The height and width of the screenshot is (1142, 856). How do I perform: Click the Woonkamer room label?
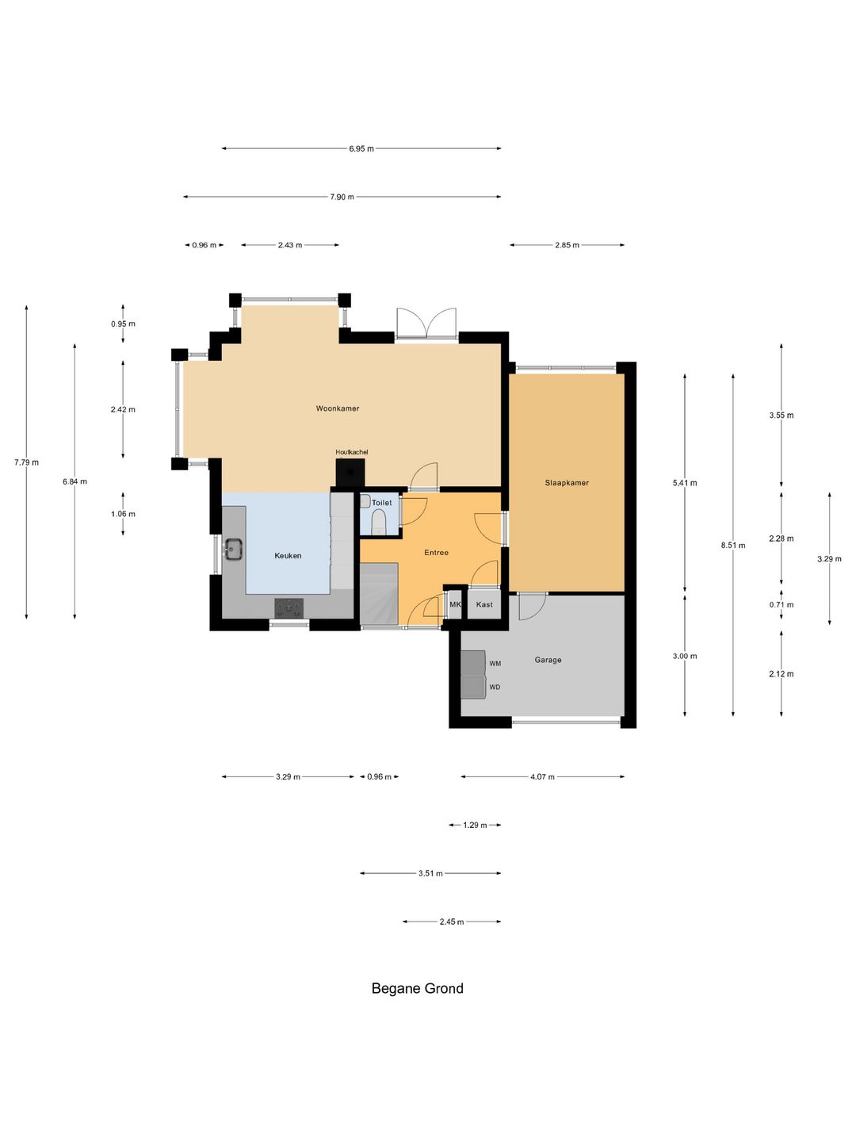tap(338, 408)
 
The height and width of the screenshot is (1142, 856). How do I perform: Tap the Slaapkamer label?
tap(567, 483)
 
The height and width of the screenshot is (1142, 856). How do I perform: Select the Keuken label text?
tap(288, 556)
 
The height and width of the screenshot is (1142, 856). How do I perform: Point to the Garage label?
tap(548, 660)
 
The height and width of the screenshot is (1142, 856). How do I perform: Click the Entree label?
tap(436, 553)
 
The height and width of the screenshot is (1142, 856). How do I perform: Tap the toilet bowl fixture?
tap(379, 522)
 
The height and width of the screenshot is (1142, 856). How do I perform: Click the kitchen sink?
tap(233, 550)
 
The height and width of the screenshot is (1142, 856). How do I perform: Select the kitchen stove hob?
tap(289, 608)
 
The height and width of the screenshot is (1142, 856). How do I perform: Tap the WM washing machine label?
tap(495, 664)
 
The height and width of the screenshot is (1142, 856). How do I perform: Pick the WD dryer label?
tap(495, 688)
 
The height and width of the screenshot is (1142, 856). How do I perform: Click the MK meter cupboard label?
tap(455, 604)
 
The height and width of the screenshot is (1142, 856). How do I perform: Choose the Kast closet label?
tap(484, 604)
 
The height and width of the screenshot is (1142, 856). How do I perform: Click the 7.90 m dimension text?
tap(342, 197)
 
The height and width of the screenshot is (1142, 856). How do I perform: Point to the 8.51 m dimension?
tap(733, 546)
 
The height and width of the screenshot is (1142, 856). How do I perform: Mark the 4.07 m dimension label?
tap(542, 776)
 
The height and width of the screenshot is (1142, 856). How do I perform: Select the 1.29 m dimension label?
tap(475, 825)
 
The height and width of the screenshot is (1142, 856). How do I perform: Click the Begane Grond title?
tap(418, 988)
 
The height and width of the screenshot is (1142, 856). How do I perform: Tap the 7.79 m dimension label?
tap(26, 462)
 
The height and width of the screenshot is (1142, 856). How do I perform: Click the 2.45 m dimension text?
tap(452, 922)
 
